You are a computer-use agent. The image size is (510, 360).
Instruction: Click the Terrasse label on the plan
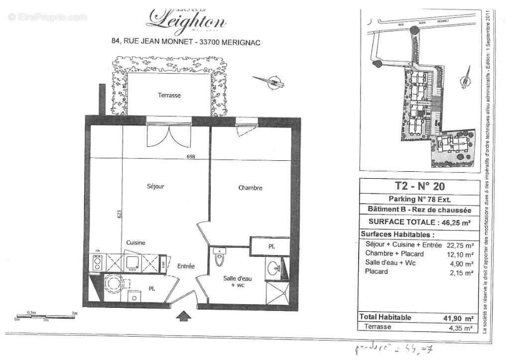click(169, 95)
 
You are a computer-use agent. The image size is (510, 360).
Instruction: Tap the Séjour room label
click(155, 187)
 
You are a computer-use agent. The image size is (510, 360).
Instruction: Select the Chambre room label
click(250, 188)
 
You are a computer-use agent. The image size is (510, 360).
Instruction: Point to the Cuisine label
click(135, 242)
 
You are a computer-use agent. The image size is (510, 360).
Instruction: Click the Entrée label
click(186, 266)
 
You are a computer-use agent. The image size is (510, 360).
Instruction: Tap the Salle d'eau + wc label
click(238, 282)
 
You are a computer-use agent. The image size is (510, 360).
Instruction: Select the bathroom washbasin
click(273, 269)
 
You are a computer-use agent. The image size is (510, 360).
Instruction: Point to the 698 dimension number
click(191, 156)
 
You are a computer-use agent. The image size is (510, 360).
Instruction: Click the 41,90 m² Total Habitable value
click(461, 318)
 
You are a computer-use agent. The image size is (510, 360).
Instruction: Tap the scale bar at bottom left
click(47, 316)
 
